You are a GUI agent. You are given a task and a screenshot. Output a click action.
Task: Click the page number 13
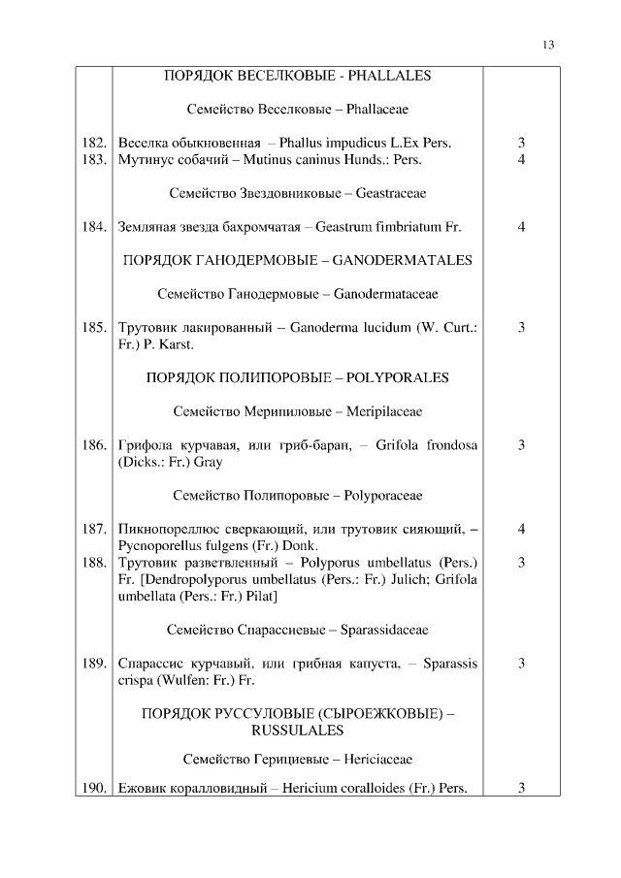coord(548,46)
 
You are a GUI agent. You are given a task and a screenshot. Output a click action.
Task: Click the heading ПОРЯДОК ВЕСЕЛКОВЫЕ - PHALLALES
coord(297,75)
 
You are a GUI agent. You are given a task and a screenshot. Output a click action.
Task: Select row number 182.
coord(93,144)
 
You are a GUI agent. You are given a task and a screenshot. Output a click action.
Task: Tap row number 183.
coord(93,159)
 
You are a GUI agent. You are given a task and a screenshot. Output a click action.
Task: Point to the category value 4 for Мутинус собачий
coord(521,159)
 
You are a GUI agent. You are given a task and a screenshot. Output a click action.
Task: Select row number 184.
coord(93,227)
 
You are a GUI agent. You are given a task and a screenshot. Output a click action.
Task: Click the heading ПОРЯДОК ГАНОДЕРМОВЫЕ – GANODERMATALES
coord(297,260)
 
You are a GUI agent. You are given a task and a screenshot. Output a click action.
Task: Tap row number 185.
coord(93,328)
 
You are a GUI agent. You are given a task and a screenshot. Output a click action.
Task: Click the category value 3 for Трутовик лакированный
coord(521,328)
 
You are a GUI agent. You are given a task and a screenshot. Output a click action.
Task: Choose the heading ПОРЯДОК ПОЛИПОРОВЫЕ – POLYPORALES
coord(297,377)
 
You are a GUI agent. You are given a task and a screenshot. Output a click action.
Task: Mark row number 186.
coord(93,445)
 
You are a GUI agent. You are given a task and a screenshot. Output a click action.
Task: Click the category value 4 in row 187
coord(521,530)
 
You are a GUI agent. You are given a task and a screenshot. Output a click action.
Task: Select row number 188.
coord(93,562)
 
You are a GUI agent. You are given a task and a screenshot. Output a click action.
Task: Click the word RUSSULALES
coord(297,730)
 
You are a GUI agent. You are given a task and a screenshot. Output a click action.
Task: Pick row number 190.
coord(93,788)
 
